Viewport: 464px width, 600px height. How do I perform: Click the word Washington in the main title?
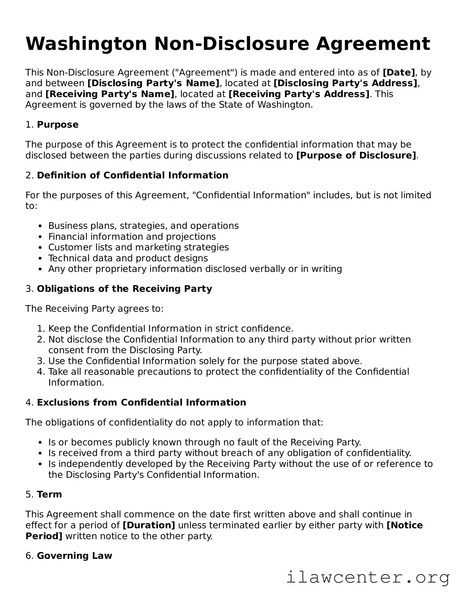(x=87, y=44)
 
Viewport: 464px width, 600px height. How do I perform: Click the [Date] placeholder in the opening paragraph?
(x=399, y=73)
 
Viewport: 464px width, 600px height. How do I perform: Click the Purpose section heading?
(x=58, y=125)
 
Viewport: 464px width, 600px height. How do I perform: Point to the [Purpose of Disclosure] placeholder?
(x=356, y=155)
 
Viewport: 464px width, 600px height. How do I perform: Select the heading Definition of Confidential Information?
(x=133, y=175)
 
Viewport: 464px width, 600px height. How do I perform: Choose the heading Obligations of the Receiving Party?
(x=124, y=289)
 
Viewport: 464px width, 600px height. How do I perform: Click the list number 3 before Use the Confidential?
(x=41, y=361)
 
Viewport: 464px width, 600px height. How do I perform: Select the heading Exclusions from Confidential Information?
(x=141, y=402)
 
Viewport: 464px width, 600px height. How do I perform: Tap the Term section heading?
(x=49, y=494)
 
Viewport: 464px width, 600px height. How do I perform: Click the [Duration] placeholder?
(x=149, y=525)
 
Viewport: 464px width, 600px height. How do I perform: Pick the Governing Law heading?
(x=74, y=556)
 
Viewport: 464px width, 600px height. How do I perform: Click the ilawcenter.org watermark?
(x=368, y=577)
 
